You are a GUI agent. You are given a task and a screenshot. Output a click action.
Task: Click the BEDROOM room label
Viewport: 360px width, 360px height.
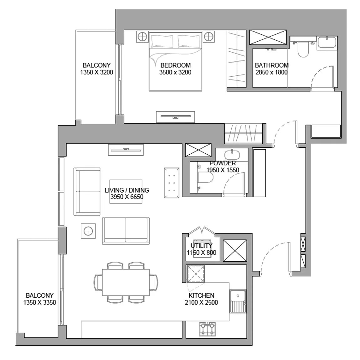[175, 65]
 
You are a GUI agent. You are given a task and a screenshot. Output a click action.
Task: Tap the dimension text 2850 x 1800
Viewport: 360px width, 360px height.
[271, 72]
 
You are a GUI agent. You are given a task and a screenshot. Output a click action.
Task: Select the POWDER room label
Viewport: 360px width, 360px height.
[223, 163]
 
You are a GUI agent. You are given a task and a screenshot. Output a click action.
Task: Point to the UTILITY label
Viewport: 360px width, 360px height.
[201, 246]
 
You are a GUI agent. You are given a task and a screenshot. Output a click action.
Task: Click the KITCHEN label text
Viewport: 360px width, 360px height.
[201, 296]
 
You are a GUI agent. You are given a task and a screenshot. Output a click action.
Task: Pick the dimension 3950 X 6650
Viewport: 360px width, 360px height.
[127, 197]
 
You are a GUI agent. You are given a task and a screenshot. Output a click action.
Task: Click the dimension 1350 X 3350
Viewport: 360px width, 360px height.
[39, 302]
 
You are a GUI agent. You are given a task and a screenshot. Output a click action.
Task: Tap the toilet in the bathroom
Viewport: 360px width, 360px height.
[303, 49]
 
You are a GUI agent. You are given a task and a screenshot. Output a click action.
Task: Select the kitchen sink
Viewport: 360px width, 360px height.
[238, 301]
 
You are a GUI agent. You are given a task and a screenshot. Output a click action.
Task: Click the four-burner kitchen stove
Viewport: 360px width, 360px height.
[208, 329]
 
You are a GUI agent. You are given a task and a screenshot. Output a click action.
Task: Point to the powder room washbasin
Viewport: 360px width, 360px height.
[232, 155]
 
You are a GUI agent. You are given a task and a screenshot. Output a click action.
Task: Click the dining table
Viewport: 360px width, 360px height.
[126, 282]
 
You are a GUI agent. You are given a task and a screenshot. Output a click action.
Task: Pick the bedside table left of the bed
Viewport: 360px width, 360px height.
[142, 37]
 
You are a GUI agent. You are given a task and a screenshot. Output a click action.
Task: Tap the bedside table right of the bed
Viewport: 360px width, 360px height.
[208, 37]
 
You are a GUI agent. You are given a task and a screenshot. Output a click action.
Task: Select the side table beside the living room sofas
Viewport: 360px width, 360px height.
[88, 231]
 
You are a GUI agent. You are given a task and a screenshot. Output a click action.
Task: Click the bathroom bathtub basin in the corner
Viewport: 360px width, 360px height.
[327, 43]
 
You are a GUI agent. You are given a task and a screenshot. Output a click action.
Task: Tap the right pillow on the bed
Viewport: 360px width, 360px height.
[189, 41]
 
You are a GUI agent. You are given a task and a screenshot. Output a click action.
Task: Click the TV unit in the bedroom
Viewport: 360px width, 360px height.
[175, 117]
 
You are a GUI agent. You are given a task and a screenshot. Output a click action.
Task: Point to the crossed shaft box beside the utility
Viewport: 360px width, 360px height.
[235, 250]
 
